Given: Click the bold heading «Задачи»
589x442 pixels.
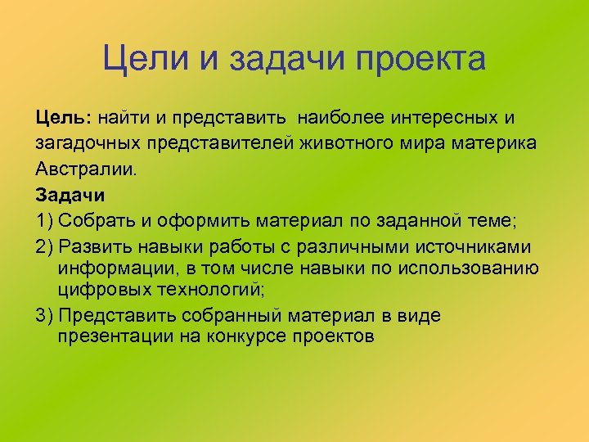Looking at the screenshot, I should [x=70, y=196].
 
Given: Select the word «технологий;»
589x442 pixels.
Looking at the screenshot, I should [x=212, y=290].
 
